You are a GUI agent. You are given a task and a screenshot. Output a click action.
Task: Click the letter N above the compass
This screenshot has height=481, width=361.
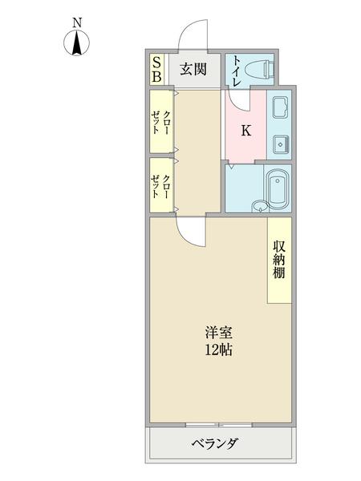pos(77,24)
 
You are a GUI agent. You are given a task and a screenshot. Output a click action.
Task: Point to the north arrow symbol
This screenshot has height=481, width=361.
pos(77,46)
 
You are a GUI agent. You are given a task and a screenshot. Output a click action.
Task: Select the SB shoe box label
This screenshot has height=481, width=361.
pos(157,70)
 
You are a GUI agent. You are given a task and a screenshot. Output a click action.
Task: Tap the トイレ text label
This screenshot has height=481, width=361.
pos(237,69)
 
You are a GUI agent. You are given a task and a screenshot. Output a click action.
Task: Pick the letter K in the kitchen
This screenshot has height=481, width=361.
pos(245,131)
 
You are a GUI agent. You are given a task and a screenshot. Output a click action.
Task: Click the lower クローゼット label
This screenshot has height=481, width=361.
pos(161,186)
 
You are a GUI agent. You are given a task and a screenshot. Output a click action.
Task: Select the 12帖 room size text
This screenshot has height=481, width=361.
pos(217,350)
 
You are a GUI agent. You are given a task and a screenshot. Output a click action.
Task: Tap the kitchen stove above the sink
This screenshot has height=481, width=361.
pos(282,108)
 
